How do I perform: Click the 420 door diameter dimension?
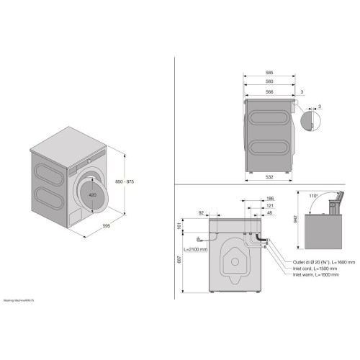coord(92,194)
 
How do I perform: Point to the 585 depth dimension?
coord(269,73)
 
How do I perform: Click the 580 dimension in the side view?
coord(269,81)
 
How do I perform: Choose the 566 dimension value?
coord(269,91)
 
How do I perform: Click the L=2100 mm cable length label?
coord(195,249)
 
